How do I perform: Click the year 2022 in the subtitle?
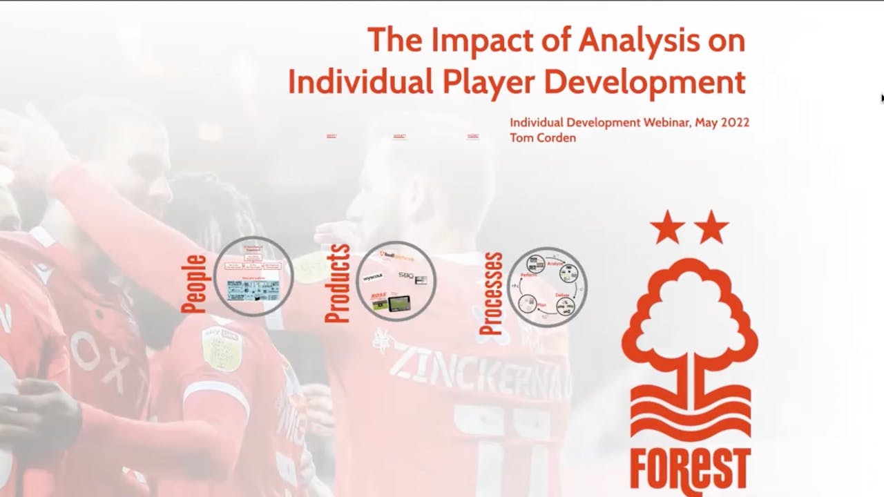(x=734, y=122)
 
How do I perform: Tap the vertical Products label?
(x=338, y=283)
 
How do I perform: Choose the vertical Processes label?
(x=491, y=294)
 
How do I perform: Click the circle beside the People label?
(x=253, y=276)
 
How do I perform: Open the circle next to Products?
(x=396, y=281)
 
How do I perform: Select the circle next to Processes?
(x=547, y=286)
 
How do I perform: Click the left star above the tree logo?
(x=667, y=228)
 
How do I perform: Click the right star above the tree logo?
(x=711, y=228)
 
